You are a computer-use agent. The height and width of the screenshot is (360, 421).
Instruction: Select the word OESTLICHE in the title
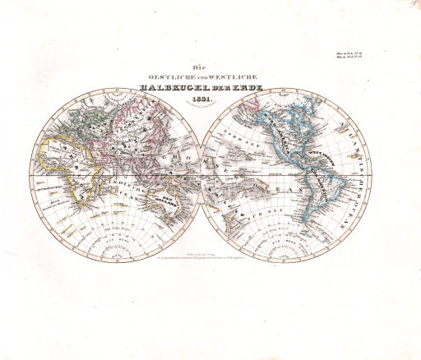(168, 77)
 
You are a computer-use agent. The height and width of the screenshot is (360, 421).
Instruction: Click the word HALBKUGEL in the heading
(169, 89)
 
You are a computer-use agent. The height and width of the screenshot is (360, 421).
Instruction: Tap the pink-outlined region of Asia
(136, 123)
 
